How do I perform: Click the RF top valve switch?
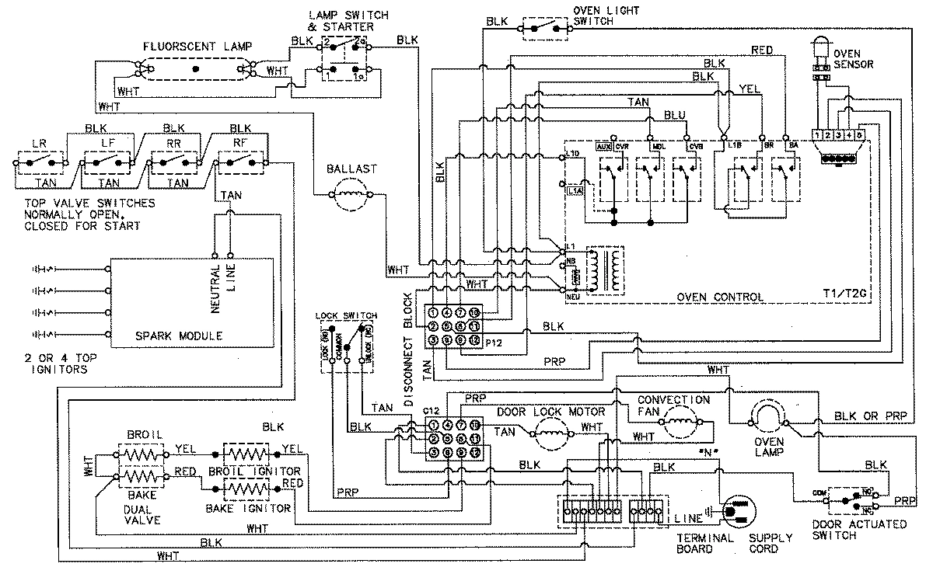(x=241, y=162)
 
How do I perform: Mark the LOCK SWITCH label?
(x=347, y=315)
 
